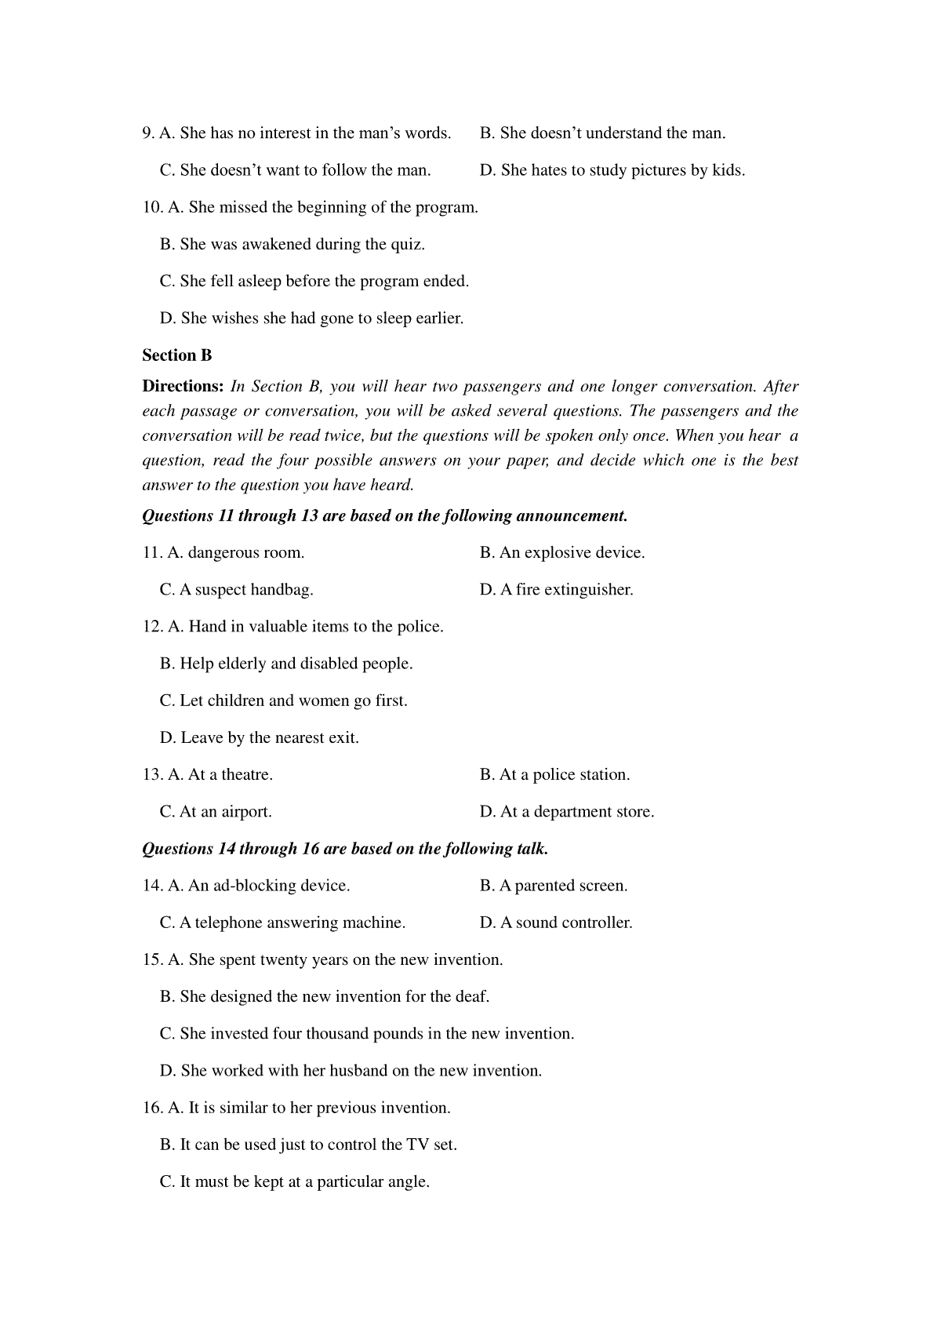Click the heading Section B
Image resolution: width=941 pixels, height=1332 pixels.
pyautogui.click(x=177, y=355)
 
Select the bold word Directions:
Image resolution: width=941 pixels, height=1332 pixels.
pyautogui.click(x=183, y=386)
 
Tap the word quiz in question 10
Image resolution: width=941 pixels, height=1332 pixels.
pyautogui.click(x=409, y=244)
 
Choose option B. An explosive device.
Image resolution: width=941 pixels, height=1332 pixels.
pyautogui.click(x=562, y=552)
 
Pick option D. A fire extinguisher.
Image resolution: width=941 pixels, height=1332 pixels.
pyautogui.click(x=556, y=589)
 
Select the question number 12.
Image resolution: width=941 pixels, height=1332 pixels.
pyautogui.click(x=152, y=626)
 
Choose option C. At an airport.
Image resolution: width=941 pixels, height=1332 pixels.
pyautogui.click(x=216, y=811)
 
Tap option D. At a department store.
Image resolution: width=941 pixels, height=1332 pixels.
pyautogui.click(x=566, y=811)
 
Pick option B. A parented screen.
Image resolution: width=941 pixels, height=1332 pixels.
pyautogui.click(x=554, y=885)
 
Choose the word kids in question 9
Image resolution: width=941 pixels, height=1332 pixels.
pyautogui.click(x=728, y=170)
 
